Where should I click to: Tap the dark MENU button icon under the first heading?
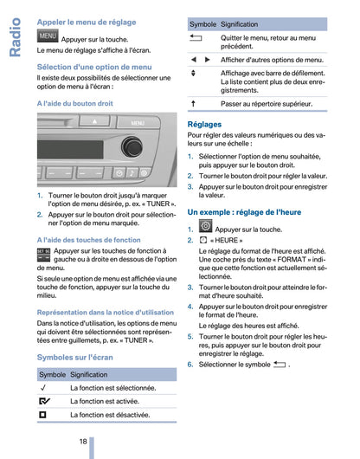tap(48, 36)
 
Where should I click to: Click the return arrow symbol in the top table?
tap(196, 40)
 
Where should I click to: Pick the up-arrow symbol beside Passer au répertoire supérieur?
tap(194, 103)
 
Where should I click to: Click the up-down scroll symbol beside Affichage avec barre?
tap(194, 75)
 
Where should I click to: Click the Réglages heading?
tap(204, 125)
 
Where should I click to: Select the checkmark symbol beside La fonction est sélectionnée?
tap(42, 388)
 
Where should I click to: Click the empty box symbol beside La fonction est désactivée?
tap(42, 415)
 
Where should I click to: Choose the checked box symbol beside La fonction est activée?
tap(43, 401)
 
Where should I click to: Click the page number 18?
tap(81, 441)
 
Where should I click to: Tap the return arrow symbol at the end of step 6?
tap(279, 365)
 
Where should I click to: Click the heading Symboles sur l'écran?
tap(74, 357)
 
